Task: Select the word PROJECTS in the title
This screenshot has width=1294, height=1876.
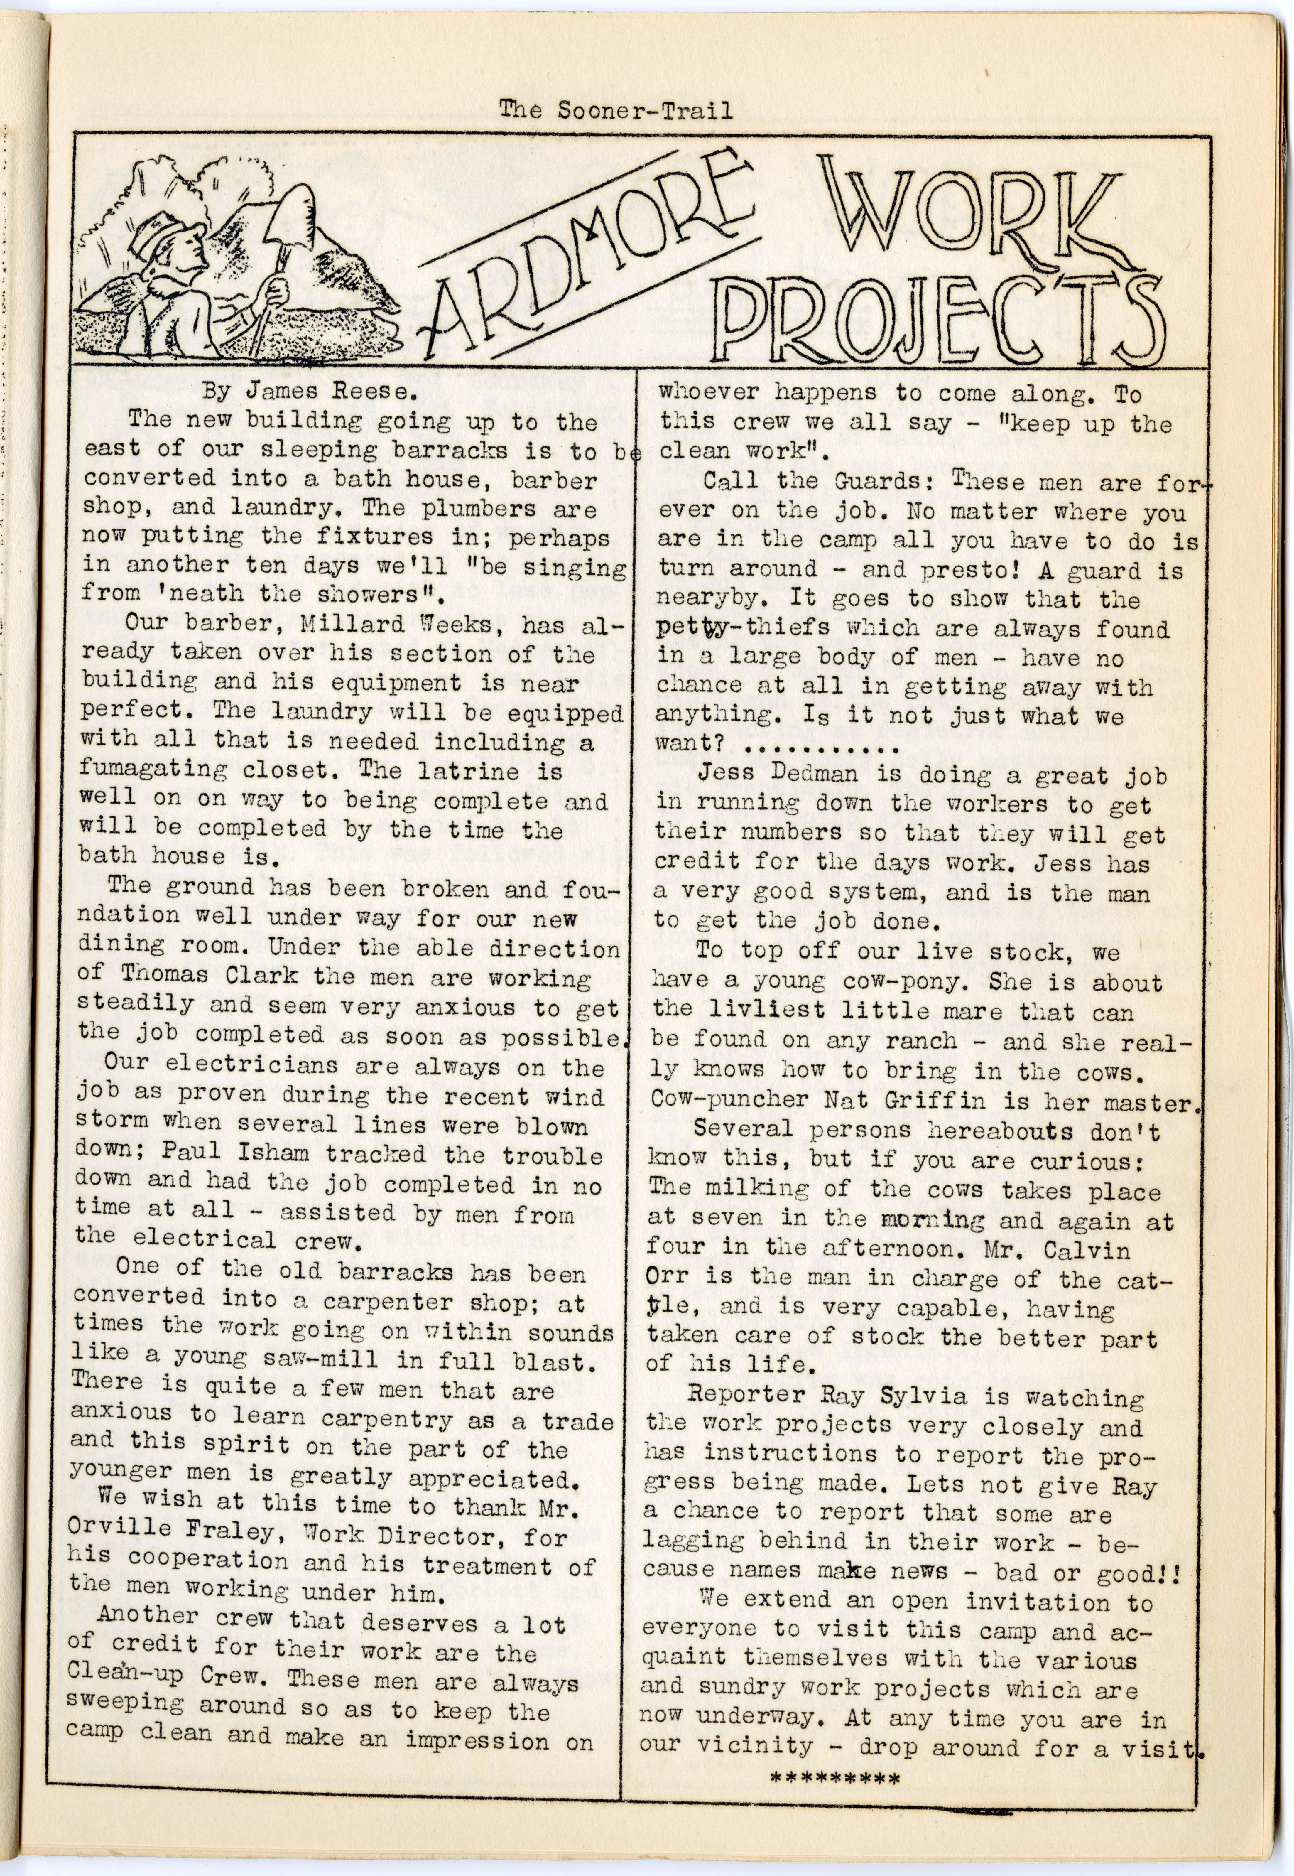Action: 945,320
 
